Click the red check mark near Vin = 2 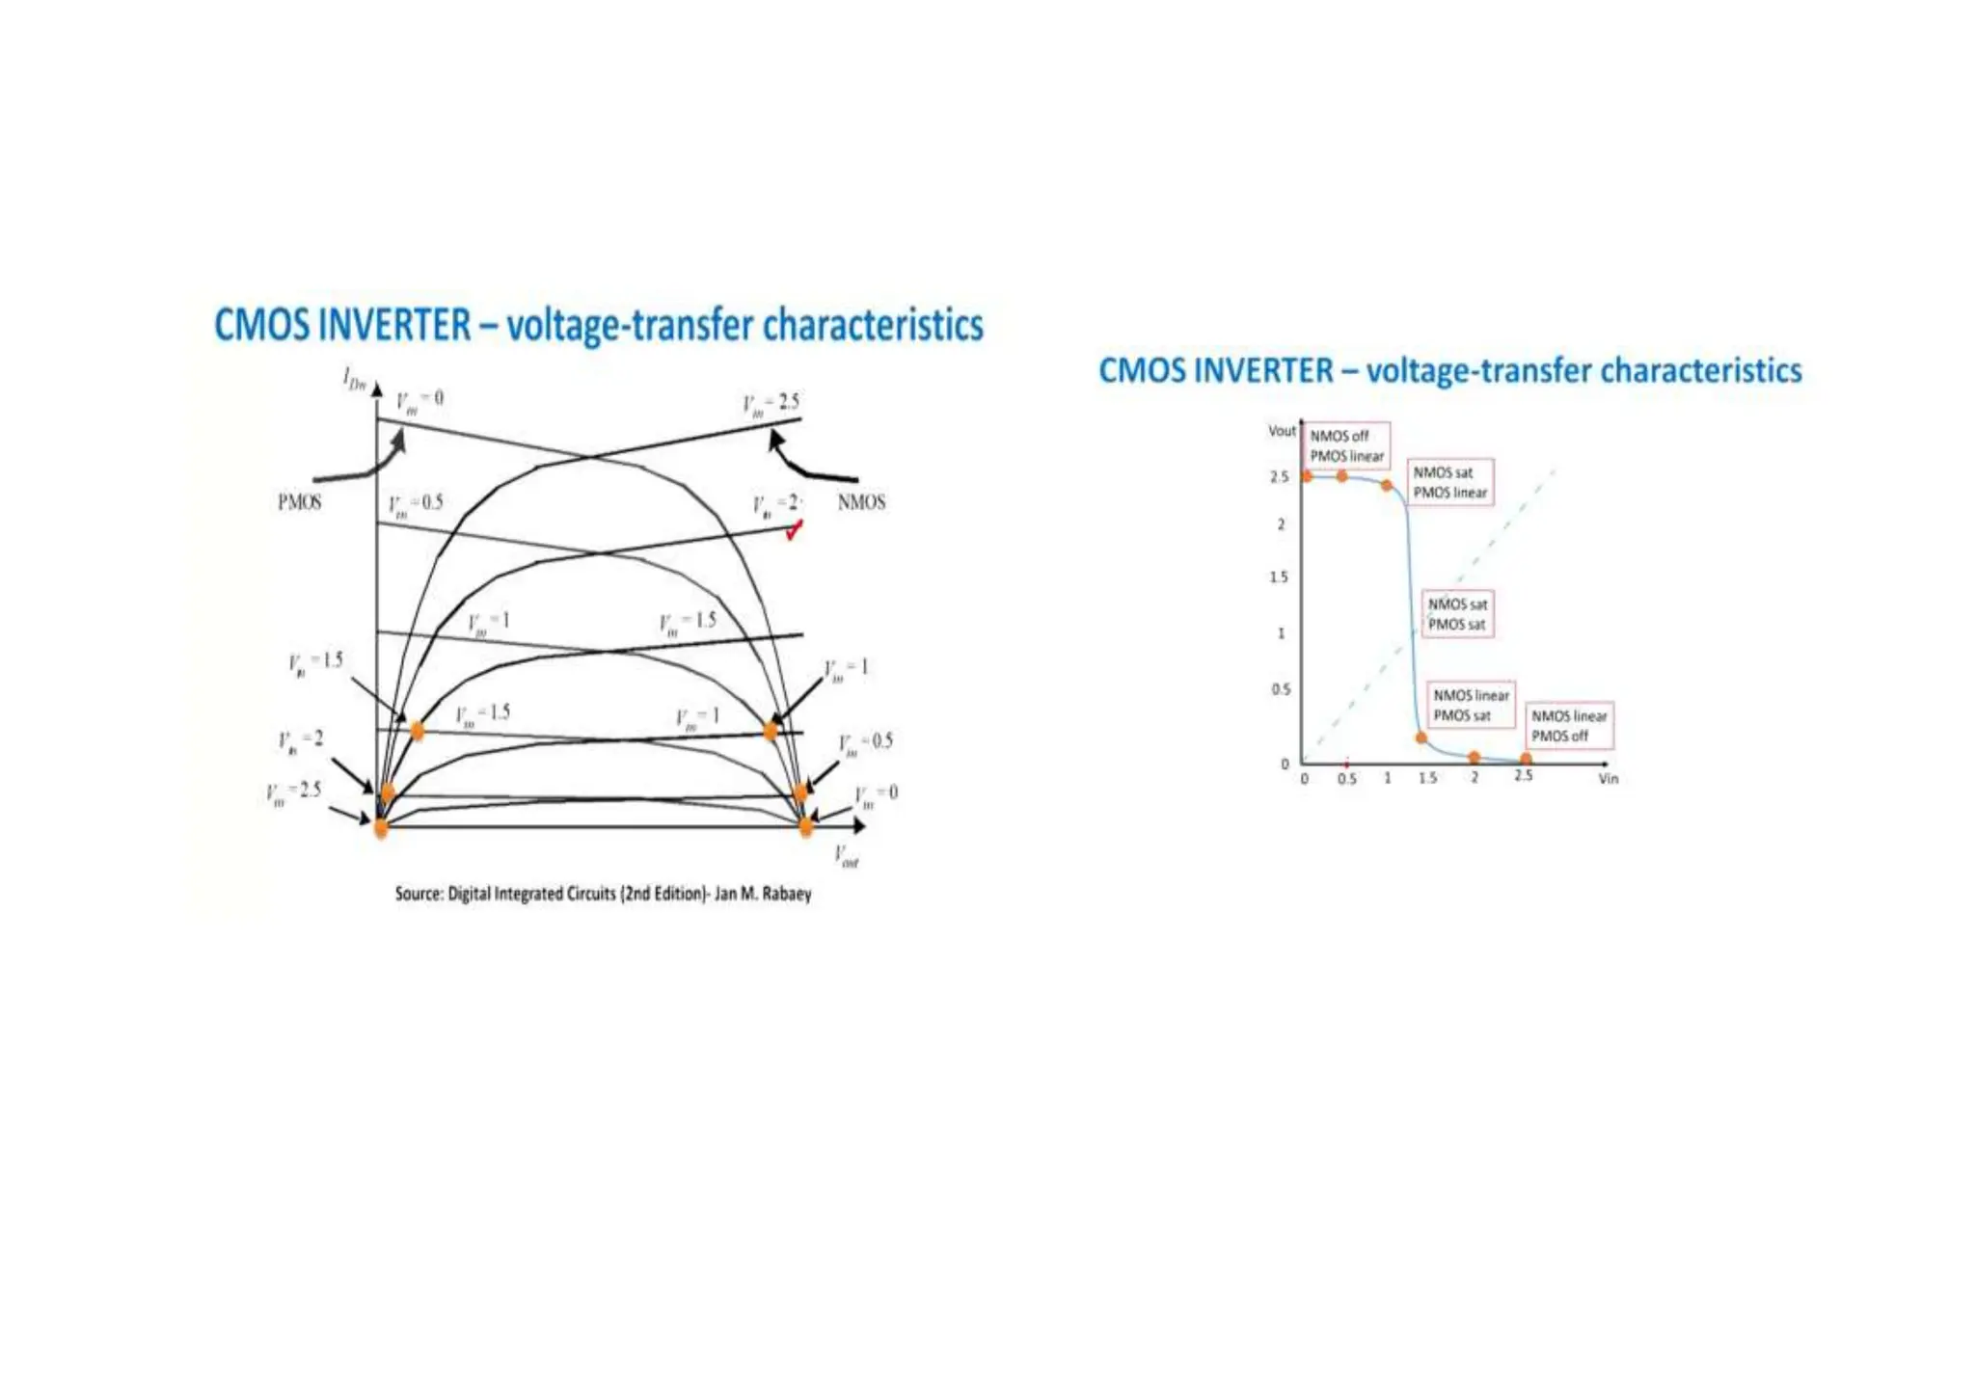click(x=794, y=529)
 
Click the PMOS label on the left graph click(x=299, y=502)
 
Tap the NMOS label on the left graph click(x=861, y=502)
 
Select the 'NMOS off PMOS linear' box click(x=1346, y=445)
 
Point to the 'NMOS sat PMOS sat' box click(x=1457, y=614)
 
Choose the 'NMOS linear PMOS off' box click(x=1568, y=726)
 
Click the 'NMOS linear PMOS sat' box click(x=1470, y=705)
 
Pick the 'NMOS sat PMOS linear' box click(x=1449, y=482)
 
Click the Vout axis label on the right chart click(x=1281, y=431)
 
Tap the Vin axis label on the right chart click(x=1609, y=778)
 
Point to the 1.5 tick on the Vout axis click(x=1278, y=577)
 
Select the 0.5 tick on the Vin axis click(x=1346, y=778)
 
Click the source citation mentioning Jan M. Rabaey click(x=603, y=894)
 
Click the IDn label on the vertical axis click(x=354, y=379)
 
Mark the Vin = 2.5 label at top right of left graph click(x=771, y=403)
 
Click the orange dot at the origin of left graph click(x=381, y=828)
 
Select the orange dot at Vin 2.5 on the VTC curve click(x=1526, y=760)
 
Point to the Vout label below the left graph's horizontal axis click(x=846, y=855)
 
